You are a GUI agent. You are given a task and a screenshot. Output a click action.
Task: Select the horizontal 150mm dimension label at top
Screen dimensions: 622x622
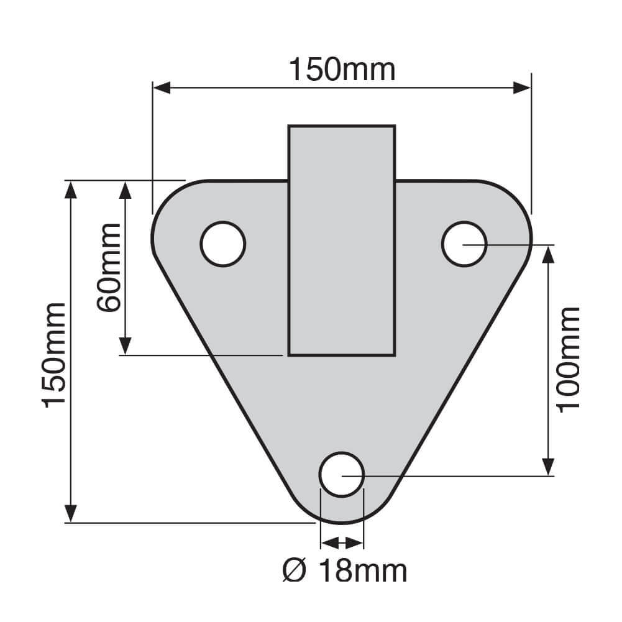point(342,70)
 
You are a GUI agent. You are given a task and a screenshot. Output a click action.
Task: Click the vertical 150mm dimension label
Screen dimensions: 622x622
point(54,355)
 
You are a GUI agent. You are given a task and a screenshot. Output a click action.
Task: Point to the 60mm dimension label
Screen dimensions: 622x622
point(108,268)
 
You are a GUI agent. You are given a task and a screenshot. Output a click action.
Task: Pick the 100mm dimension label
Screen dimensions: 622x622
point(569,360)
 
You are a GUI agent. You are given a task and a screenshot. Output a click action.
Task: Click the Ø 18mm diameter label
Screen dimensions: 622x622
point(345,571)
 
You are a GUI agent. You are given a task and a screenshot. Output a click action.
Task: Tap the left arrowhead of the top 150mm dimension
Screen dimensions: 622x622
point(162,88)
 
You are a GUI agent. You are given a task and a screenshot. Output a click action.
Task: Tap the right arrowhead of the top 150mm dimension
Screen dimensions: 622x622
point(521,88)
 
